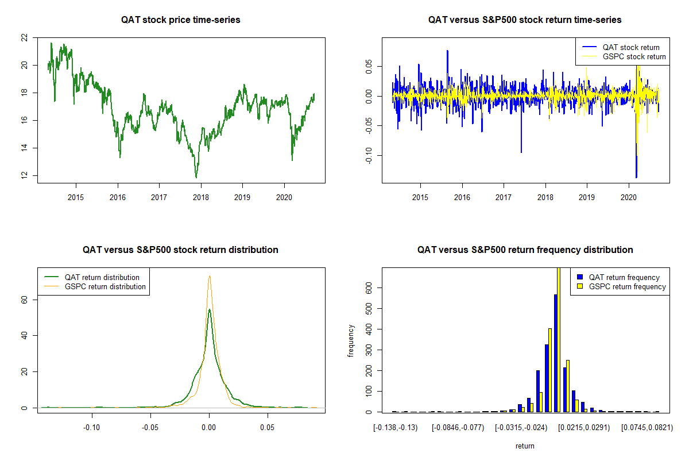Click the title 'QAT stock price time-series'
(181, 20)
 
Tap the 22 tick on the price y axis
(24, 38)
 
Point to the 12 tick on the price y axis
(24, 175)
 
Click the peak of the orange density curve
(210, 276)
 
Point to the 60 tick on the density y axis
(24, 300)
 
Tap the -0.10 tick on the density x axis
(92, 428)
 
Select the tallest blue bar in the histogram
(556, 352)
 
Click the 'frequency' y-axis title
(351, 341)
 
